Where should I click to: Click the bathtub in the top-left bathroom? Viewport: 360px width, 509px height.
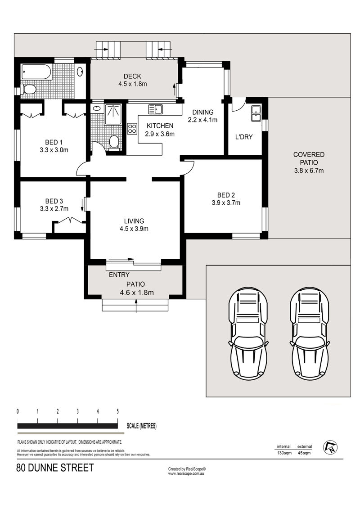pyautogui.click(x=36, y=72)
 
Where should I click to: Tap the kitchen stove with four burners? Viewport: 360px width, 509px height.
pyautogui.click(x=132, y=129)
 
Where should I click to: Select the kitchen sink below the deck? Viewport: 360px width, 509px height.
pyautogui.click(x=155, y=109)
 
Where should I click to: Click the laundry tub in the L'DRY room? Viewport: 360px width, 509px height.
pyautogui.click(x=256, y=113)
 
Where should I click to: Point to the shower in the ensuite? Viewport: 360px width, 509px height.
pyautogui.click(x=113, y=114)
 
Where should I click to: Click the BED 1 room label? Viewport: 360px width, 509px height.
pyautogui.click(x=54, y=142)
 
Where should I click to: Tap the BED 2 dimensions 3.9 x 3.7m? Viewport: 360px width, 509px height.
pyautogui.click(x=226, y=203)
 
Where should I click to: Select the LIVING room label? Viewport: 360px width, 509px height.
pyautogui.click(x=134, y=221)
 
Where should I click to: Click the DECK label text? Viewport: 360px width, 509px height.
pyautogui.click(x=132, y=77)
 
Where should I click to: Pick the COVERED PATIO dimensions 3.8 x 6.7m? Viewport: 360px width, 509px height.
pyautogui.click(x=309, y=171)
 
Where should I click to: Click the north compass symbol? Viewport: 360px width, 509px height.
pyautogui.click(x=330, y=448)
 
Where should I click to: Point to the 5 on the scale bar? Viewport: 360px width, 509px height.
pyautogui.click(x=117, y=412)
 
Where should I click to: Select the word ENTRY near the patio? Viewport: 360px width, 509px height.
pyautogui.click(x=119, y=275)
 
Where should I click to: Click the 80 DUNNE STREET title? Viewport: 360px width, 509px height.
pyautogui.click(x=55, y=468)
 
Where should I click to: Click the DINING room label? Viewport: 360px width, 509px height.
pyautogui.click(x=203, y=113)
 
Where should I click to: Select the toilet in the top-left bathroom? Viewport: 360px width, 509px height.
pyautogui.click(x=29, y=89)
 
